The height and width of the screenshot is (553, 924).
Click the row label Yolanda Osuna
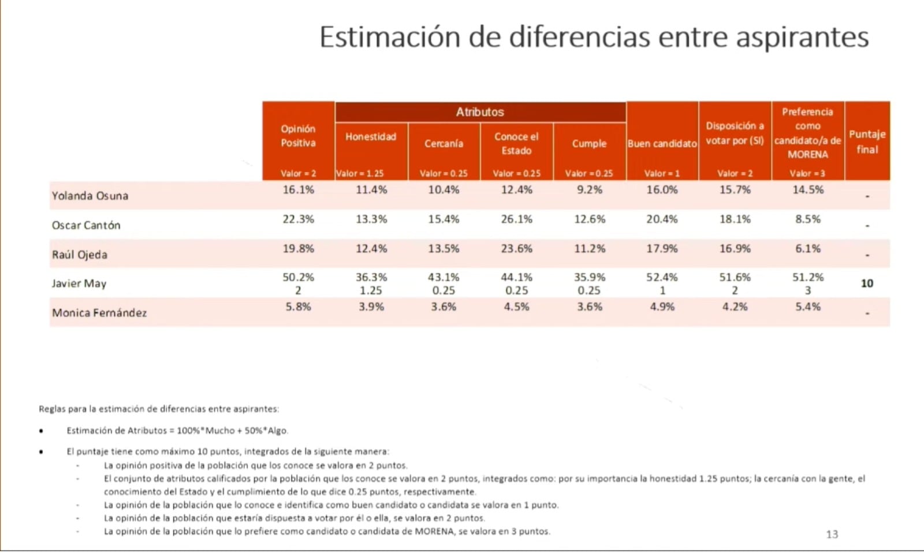[x=90, y=196]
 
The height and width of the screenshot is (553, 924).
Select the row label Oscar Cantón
[x=86, y=225]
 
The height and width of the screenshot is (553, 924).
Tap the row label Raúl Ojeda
[x=80, y=255]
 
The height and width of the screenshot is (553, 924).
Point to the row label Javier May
[x=79, y=283]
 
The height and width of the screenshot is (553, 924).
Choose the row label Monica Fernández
[x=99, y=313]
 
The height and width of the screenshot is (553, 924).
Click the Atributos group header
[x=480, y=112]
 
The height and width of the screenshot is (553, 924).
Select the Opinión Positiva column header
[x=298, y=136]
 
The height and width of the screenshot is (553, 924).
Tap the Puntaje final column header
[x=867, y=141]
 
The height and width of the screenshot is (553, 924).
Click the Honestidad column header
[x=371, y=137]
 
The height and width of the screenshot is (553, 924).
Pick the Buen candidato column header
[x=662, y=144]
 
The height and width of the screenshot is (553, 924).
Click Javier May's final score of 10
[x=867, y=283]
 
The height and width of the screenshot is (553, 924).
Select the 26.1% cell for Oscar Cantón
[x=516, y=219]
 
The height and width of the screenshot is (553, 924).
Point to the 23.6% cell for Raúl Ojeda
[x=516, y=249]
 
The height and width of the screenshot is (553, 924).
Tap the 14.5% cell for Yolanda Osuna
[x=807, y=190]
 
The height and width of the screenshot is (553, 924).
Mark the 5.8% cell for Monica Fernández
[x=298, y=307]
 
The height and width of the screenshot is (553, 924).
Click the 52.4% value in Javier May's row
[x=662, y=278]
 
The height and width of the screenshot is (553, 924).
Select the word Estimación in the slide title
[x=389, y=37]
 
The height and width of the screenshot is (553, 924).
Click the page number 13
[x=832, y=535]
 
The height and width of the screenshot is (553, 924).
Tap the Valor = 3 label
[x=807, y=173]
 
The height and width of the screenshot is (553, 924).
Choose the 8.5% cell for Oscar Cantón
[x=807, y=219]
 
